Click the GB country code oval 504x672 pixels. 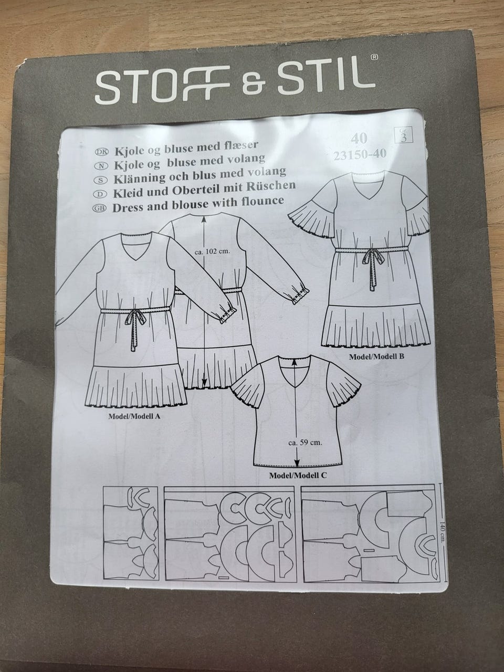pos(99,209)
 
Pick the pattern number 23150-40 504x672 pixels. pos(360,154)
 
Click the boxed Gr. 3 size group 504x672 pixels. pos(404,135)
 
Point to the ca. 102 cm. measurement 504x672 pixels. pos(212,253)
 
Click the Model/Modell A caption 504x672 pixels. pos(134,416)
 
